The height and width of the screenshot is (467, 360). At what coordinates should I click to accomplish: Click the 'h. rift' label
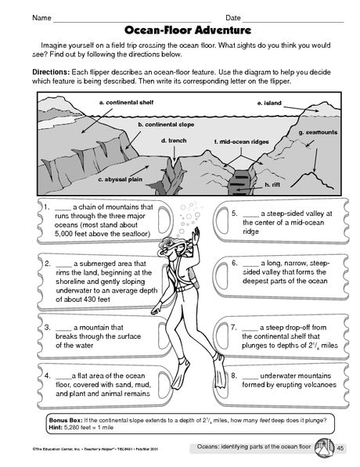272,185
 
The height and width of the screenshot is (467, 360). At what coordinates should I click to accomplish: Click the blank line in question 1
63,207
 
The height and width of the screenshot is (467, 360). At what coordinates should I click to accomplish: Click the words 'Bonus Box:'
65,420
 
